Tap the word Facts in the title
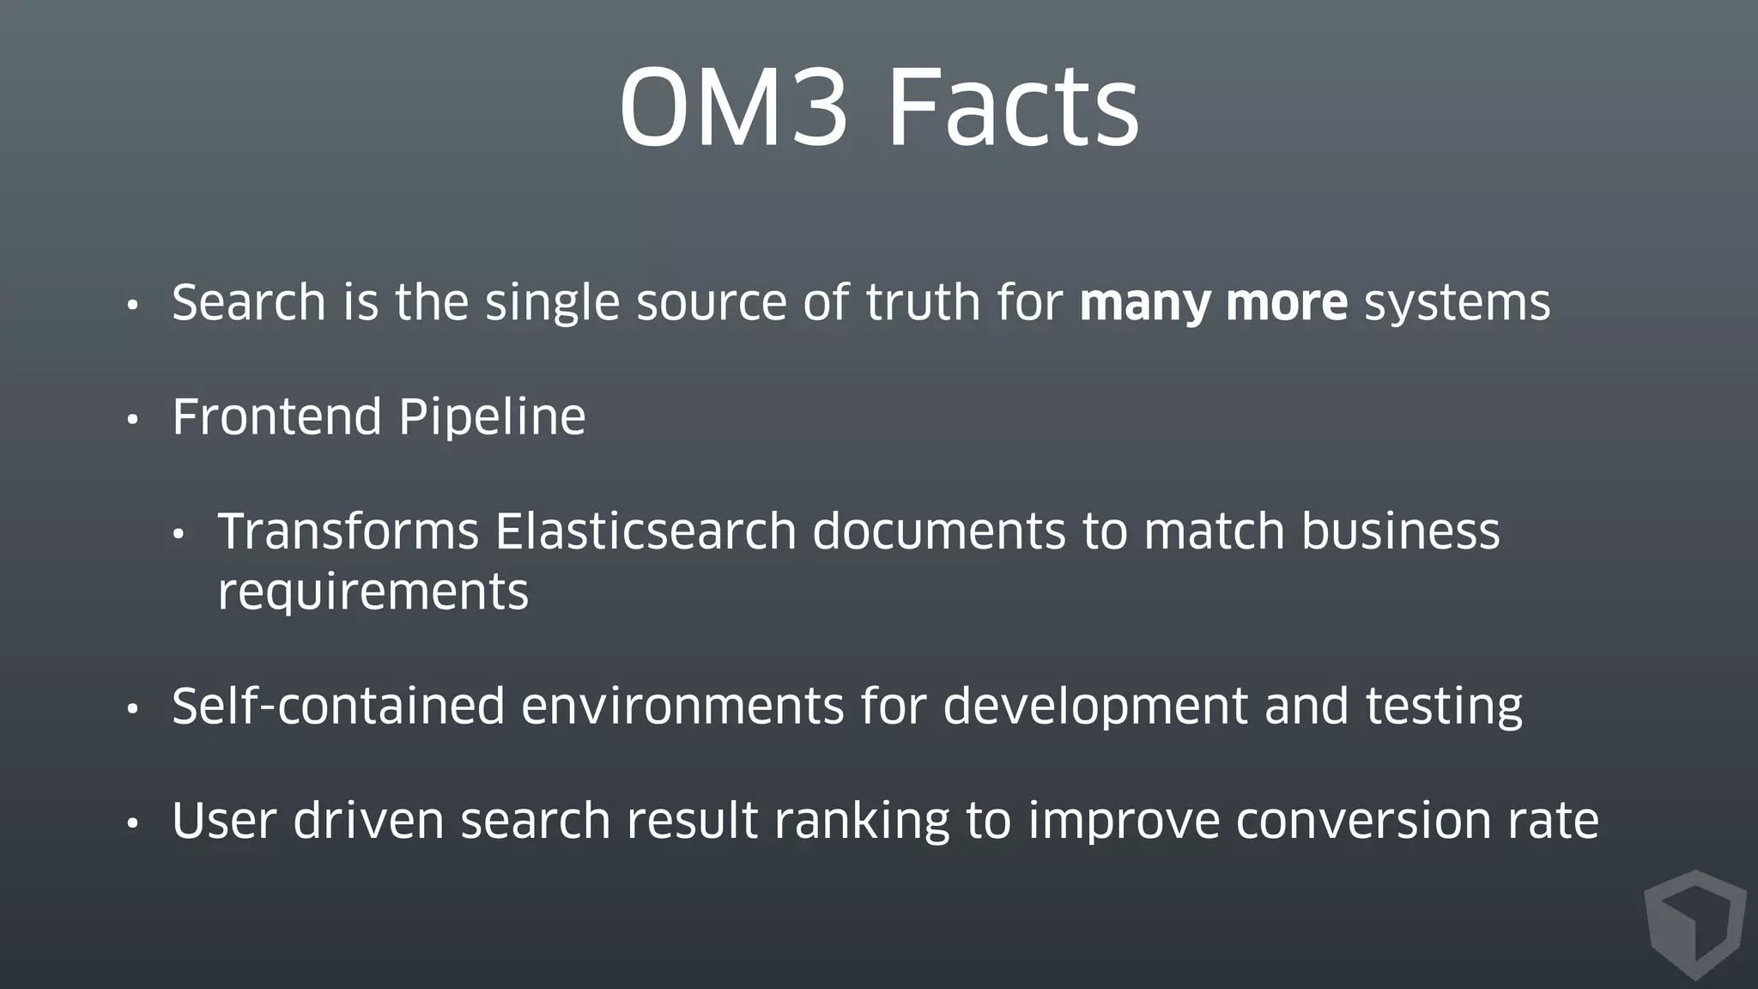coord(1013,108)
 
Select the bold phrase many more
coord(1213,303)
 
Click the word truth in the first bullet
coord(923,303)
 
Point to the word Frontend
coord(276,417)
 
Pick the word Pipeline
coord(492,417)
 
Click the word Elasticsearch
coord(646,531)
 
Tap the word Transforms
coord(348,531)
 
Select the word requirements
coord(373,592)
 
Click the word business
coord(1400,531)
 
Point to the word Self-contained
coord(338,706)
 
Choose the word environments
coord(682,706)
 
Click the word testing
coord(1444,706)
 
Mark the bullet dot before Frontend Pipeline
coord(132,421)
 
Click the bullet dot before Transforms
coord(179,535)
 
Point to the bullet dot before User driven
coord(132,824)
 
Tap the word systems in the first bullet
coord(1457,303)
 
